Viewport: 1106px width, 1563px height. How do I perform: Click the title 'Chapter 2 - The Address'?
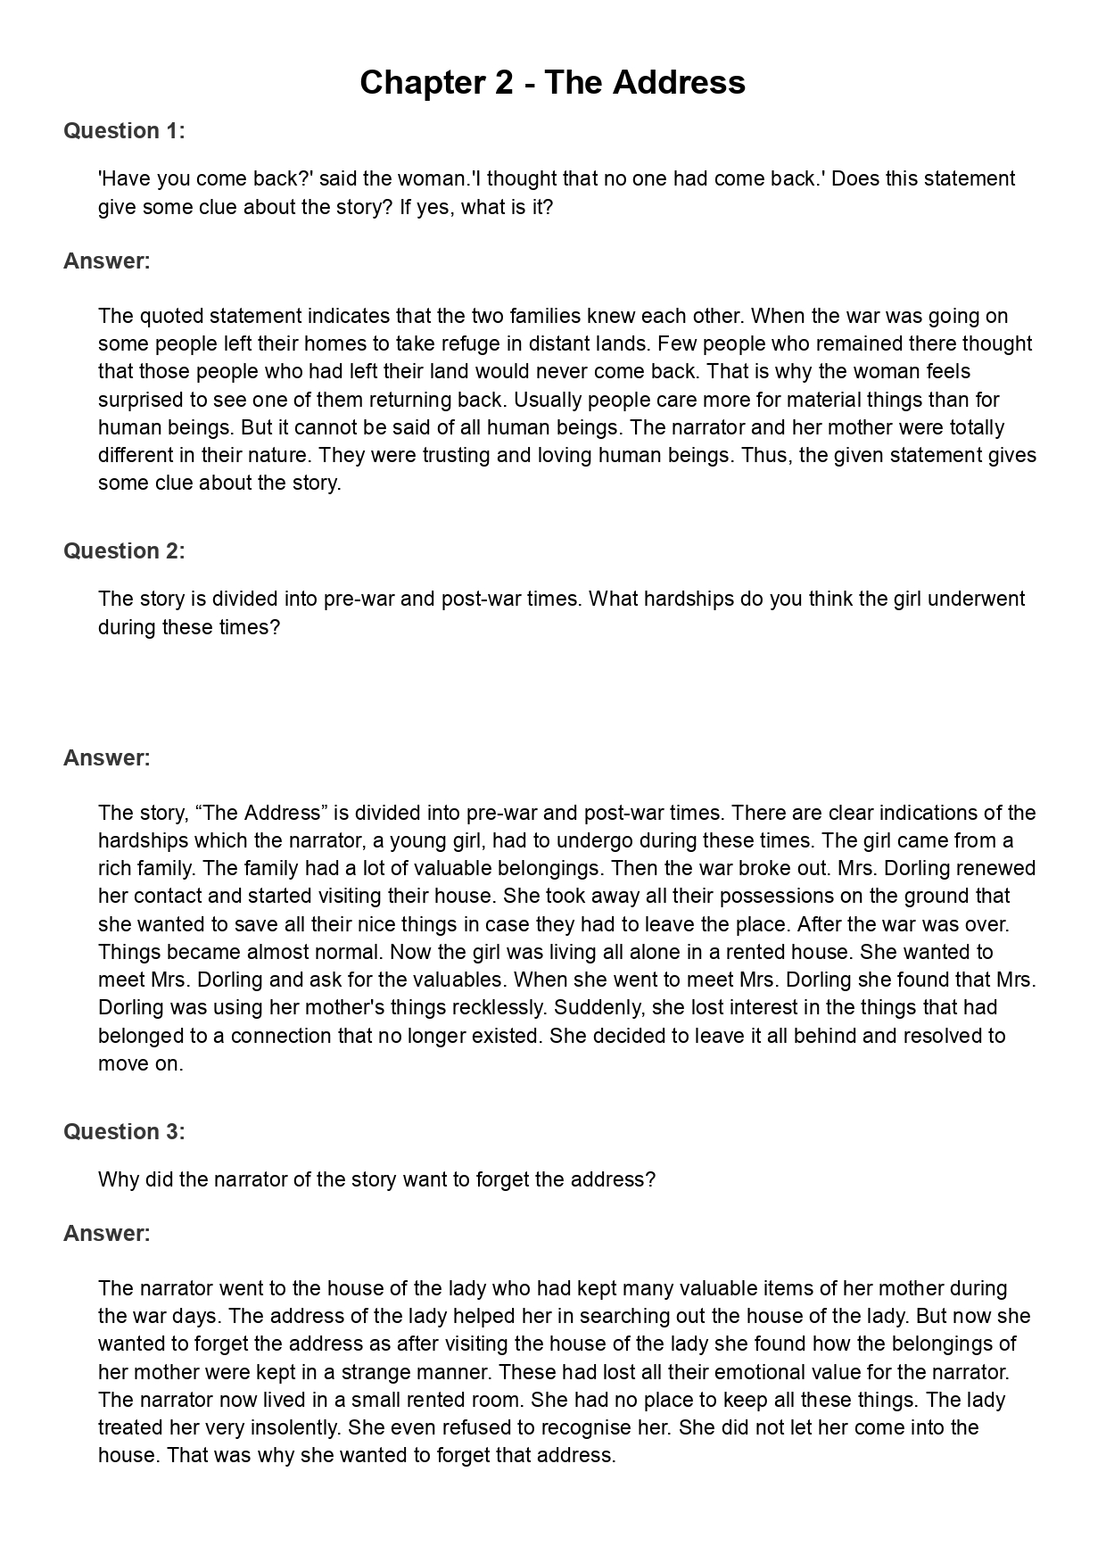552,83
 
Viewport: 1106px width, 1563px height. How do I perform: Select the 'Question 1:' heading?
124,131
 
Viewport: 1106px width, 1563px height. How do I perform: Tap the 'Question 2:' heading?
124,551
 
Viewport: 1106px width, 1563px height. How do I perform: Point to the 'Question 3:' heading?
124,1132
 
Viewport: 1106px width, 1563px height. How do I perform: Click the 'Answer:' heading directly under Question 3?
106,1234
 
